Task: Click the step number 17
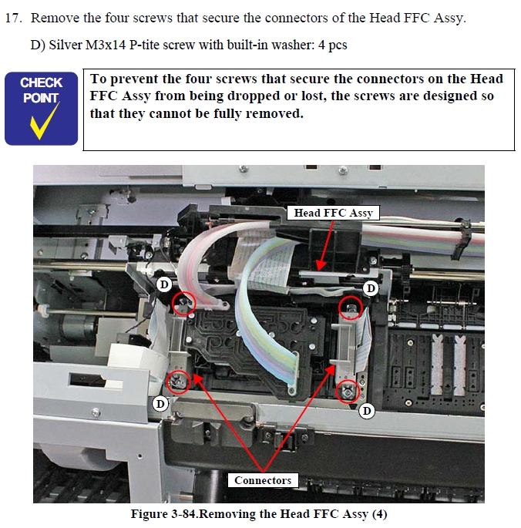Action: [13, 18]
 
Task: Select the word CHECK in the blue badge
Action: [41, 82]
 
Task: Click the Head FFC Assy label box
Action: [333, 213]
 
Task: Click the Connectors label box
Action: [263, 480]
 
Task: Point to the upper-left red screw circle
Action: [183, 304]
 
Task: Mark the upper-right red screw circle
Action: [351, 308]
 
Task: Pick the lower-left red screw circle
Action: [179, 382]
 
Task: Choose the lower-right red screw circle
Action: [348, 392]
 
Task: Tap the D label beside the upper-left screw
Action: [164, 284]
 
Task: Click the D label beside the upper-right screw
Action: [371, 288]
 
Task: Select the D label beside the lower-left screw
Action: [160, 403]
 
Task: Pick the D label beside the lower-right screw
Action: [367, 411]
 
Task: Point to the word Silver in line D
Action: [66, 45]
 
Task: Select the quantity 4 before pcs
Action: [321, 45]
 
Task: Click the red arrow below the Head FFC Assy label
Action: [325, 245]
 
